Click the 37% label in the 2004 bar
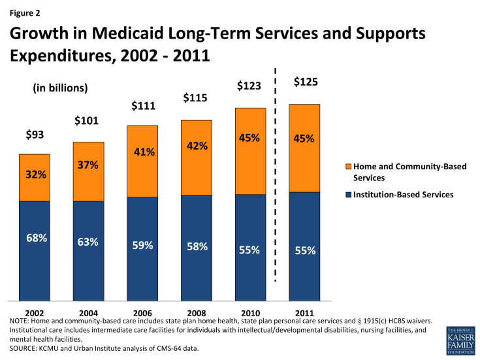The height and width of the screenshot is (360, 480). coord(89,165)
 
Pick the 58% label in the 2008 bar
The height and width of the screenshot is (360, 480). coord(197,247)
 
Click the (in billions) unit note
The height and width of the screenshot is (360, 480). coord(60,88)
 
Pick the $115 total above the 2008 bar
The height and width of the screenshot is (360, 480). coord(196,98)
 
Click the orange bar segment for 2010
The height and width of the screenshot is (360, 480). coord(251,150)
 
